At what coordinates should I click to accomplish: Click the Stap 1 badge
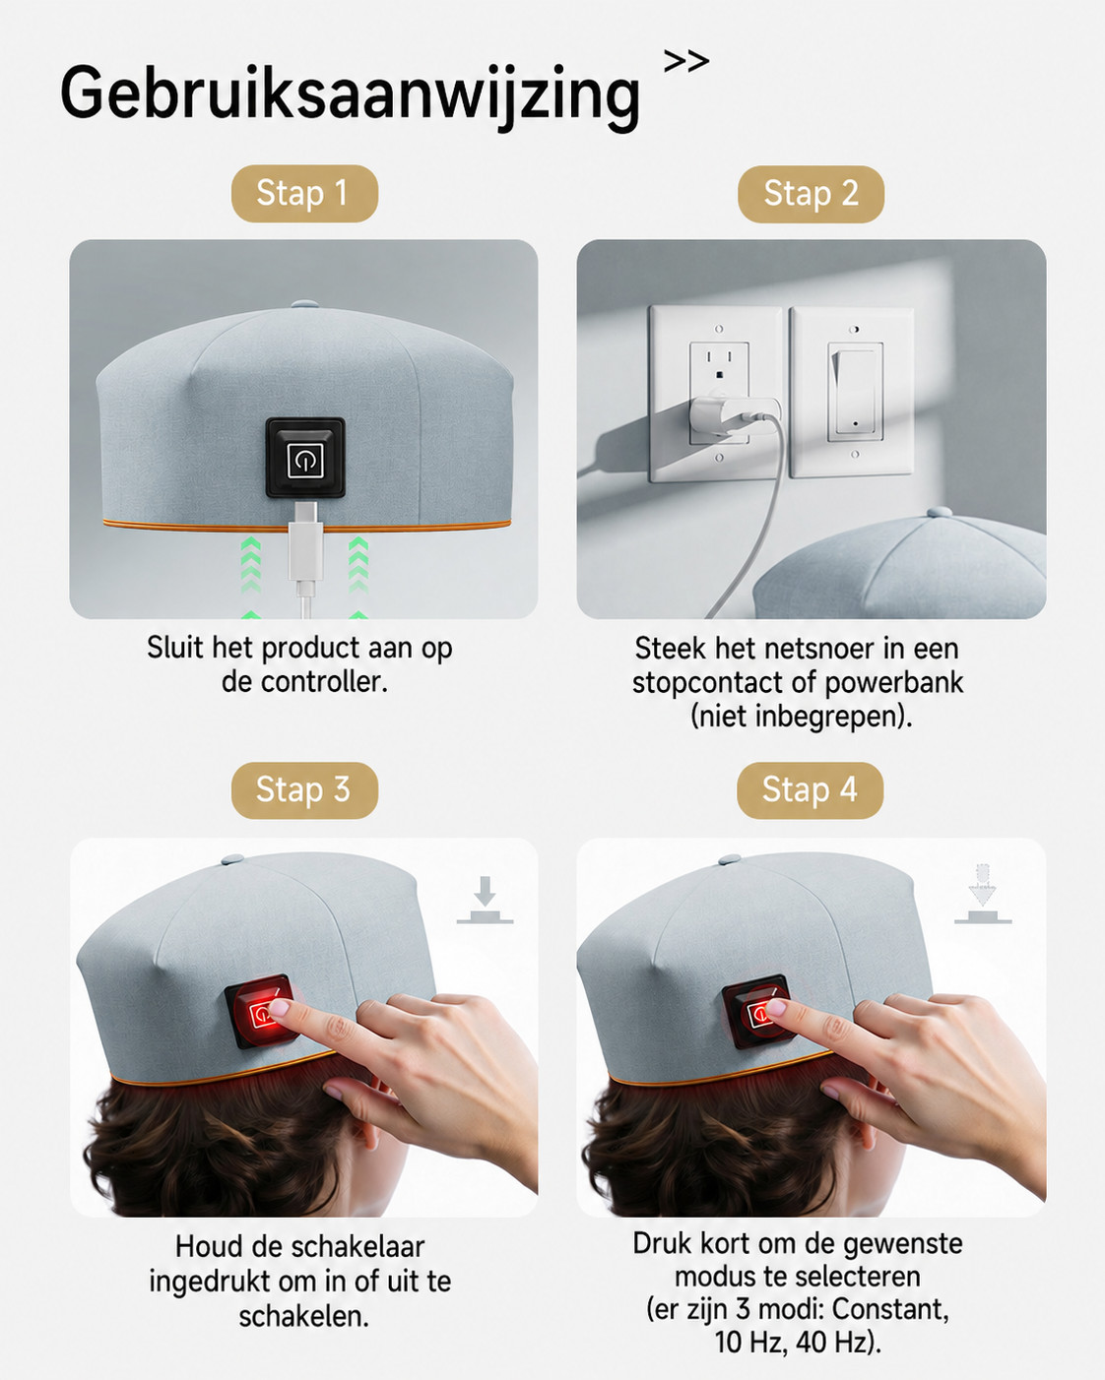pos(304,193)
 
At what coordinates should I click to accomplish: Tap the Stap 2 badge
pos(811,194)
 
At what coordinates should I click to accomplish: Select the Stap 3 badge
pos(304,790)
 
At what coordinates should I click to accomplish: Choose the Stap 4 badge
pos(810,790)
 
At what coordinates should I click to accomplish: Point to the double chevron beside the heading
pos(686,62)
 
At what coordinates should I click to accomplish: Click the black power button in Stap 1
pos(305,458)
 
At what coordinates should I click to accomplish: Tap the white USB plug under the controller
pos(305,542)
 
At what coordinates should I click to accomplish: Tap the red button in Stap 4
pos(759,1011)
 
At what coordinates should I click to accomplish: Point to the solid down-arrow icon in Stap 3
pos(486,900)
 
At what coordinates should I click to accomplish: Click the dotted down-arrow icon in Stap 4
pos(983,894)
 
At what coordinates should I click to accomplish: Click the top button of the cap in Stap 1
pos(304,304)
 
